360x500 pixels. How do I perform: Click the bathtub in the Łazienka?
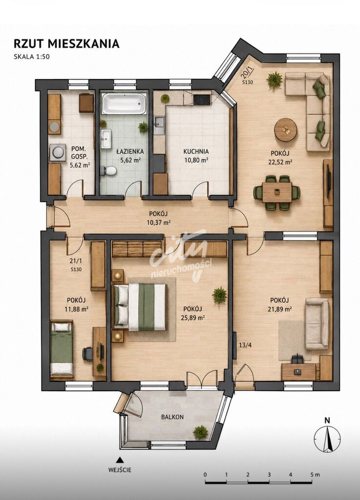(124, 104)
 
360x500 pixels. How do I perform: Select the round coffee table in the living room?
(286, 129)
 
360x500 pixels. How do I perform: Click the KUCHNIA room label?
(196, 152)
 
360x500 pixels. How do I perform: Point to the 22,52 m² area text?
(280, 162)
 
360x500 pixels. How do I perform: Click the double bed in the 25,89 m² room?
(140, 307)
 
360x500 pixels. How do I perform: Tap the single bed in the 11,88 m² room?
(62, 349)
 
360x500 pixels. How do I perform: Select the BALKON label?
(172, 417)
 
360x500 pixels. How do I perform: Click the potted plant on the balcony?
(200, 432)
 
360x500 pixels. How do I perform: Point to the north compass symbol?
(327, 439)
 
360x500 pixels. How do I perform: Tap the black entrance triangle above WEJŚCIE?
(120, 460)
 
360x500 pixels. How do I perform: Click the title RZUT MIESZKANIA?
(66, 43)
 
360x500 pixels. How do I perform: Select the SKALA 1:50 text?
(32, 57)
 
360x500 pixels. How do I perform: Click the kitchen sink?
(159, 125)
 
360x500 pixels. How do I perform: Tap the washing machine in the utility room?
(58, 152)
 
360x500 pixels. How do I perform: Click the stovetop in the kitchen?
(202, 100)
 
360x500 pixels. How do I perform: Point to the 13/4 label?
(245, 345)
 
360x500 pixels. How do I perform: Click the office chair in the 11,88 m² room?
(88, 354)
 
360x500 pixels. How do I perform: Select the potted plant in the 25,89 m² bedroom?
(219, 295)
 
